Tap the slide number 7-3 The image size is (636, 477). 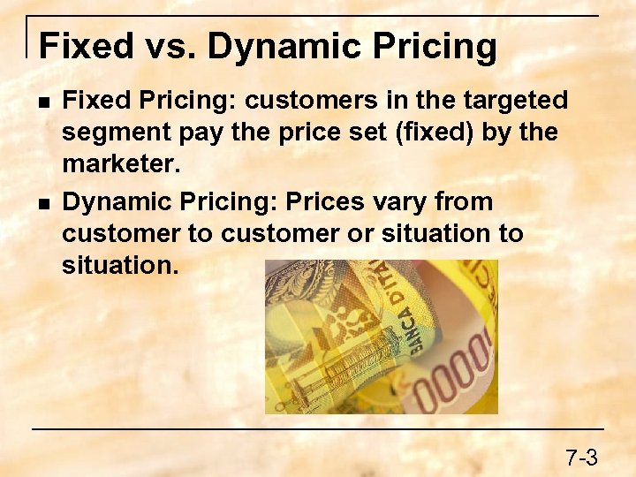[582, 457]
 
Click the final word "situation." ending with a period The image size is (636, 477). [119, 266]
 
